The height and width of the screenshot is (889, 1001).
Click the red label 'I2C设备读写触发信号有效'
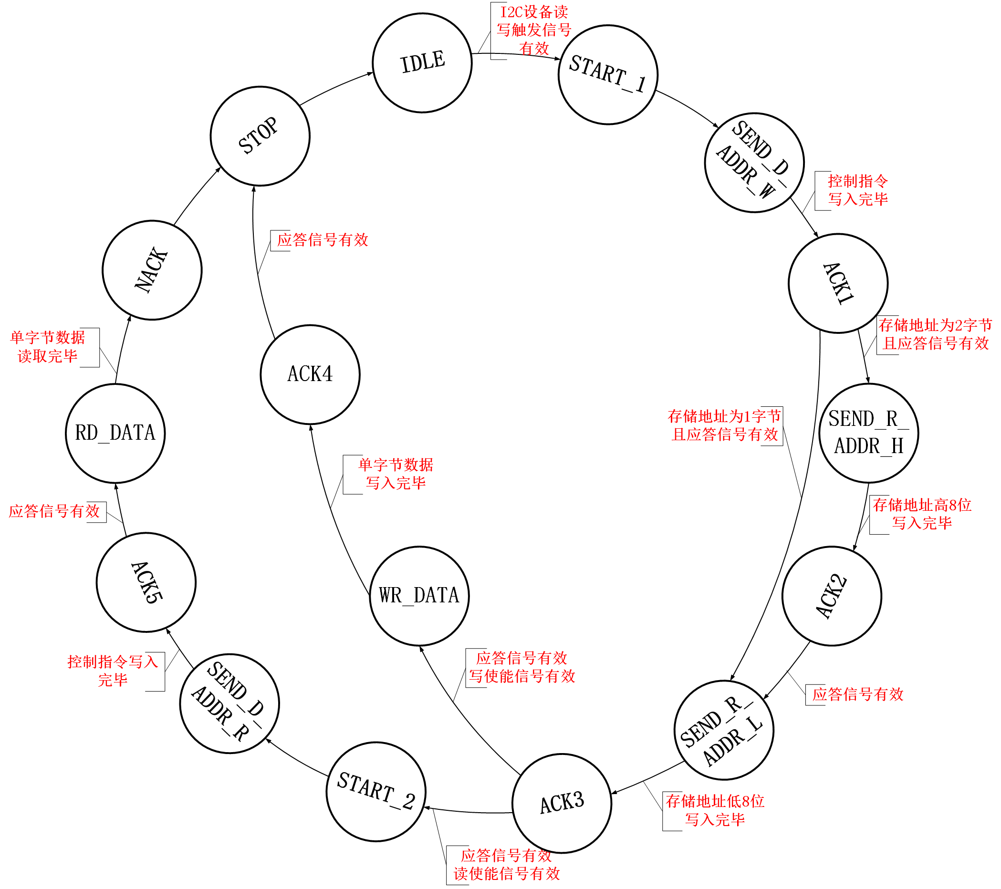tap(534, 30)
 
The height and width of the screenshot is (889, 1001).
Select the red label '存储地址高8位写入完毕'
tap(922, 514)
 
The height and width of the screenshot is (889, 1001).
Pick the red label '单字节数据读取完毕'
tap(48, 347)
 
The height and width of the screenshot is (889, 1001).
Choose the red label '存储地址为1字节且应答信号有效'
tap(724, 425)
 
